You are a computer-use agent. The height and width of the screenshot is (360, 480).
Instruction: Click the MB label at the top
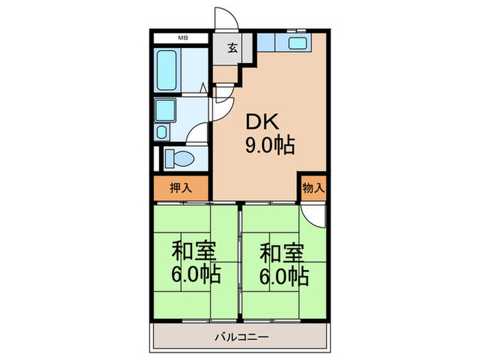pos(183,38)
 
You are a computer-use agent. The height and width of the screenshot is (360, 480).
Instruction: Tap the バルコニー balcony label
pos(239,337)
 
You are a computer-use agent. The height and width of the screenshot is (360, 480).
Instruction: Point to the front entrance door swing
pos(225,19)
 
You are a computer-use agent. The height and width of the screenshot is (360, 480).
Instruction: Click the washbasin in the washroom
pos(165,110)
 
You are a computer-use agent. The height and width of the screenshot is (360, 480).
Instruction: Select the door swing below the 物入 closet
pos(314,214)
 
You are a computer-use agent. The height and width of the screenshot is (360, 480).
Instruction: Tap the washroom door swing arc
pos(199,133)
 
